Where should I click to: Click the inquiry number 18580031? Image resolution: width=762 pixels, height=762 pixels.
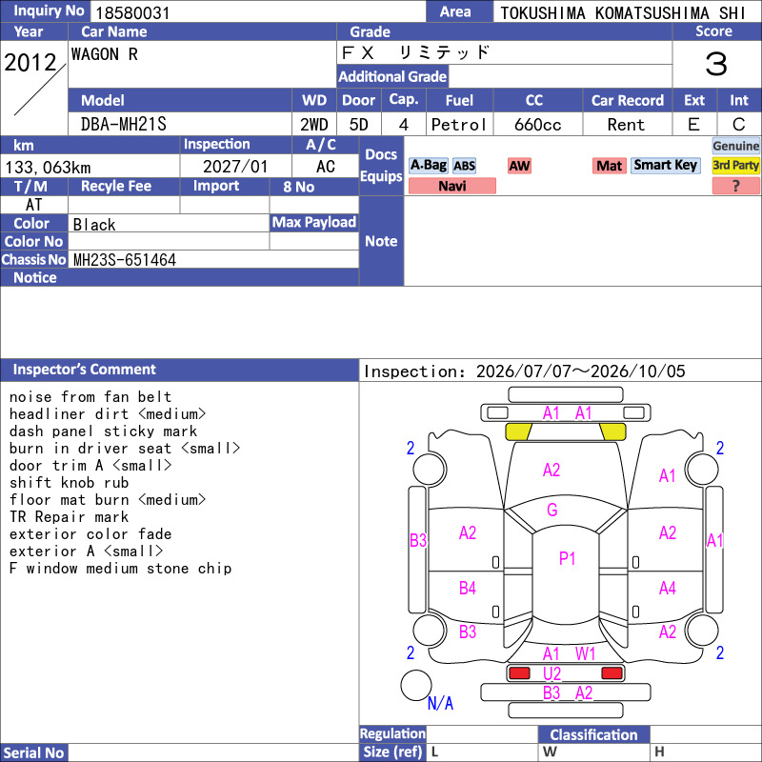tap(132, 12)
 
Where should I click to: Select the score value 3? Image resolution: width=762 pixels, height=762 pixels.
tap(716, 65)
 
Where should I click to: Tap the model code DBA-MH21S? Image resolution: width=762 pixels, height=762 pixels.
tap(124, 125)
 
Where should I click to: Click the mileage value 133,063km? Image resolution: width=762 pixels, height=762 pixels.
tap(48, 168)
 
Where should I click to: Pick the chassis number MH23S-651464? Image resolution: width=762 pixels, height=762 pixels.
tap(125, 260)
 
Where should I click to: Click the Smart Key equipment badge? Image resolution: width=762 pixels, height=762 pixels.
tap(665, 166)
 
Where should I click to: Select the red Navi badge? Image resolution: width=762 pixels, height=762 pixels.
tap(451, 186)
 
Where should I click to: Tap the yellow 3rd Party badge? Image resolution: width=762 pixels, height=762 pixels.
tap(735, 166)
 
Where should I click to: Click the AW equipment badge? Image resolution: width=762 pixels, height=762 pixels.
tap(519, 166)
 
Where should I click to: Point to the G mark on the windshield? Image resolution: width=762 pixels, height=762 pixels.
tap(552, 510)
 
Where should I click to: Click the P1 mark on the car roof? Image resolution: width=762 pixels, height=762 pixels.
tap(567, 558)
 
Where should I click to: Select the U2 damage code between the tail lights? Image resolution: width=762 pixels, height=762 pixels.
tap(552, 673)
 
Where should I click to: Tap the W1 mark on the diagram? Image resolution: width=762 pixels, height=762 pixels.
tap(585, 654)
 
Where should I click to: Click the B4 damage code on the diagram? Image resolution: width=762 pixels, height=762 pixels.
tap(468, 588)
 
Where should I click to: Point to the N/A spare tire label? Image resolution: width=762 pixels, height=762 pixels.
tap(440, 703)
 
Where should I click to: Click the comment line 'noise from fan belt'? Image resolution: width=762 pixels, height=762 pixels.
tap(90, 397)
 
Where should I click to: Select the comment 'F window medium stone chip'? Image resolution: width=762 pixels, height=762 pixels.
tap(121, 569)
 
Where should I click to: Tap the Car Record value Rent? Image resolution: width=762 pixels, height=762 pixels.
tap(626, 125)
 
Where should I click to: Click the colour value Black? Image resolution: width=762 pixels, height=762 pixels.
tap(94, 225)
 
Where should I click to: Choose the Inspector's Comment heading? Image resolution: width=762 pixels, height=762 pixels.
tap(85, 370)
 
